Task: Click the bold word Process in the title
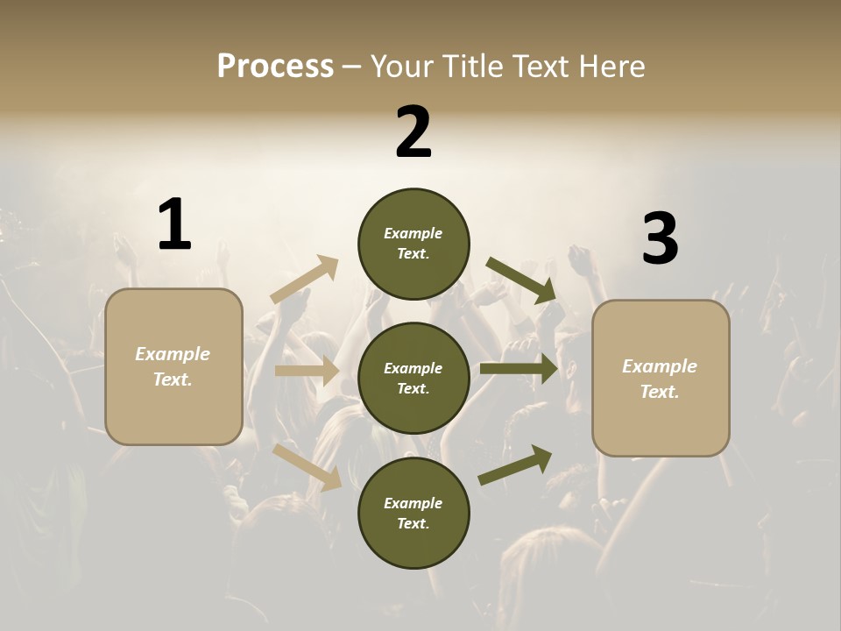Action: pos(275,66)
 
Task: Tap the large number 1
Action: pos(174,224)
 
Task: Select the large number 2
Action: pos(413,132)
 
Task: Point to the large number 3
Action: pos(660,239)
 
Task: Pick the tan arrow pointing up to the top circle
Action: pos(305,280)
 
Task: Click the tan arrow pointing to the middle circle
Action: pos(307,371)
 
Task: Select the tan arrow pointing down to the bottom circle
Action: pos(307,467)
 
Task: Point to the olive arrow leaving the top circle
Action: pos(522,280)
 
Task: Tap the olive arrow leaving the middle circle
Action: pos(519,368)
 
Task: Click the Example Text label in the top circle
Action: pos(413,244)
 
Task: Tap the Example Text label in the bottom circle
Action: pos(413,513)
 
